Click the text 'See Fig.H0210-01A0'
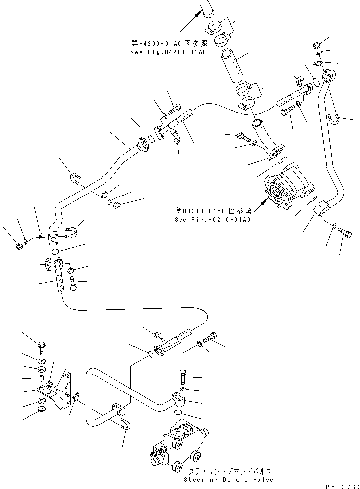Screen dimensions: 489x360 point(212,219)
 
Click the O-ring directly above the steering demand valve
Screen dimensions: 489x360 point(179,413)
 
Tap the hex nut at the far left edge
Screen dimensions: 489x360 point(18,245)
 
